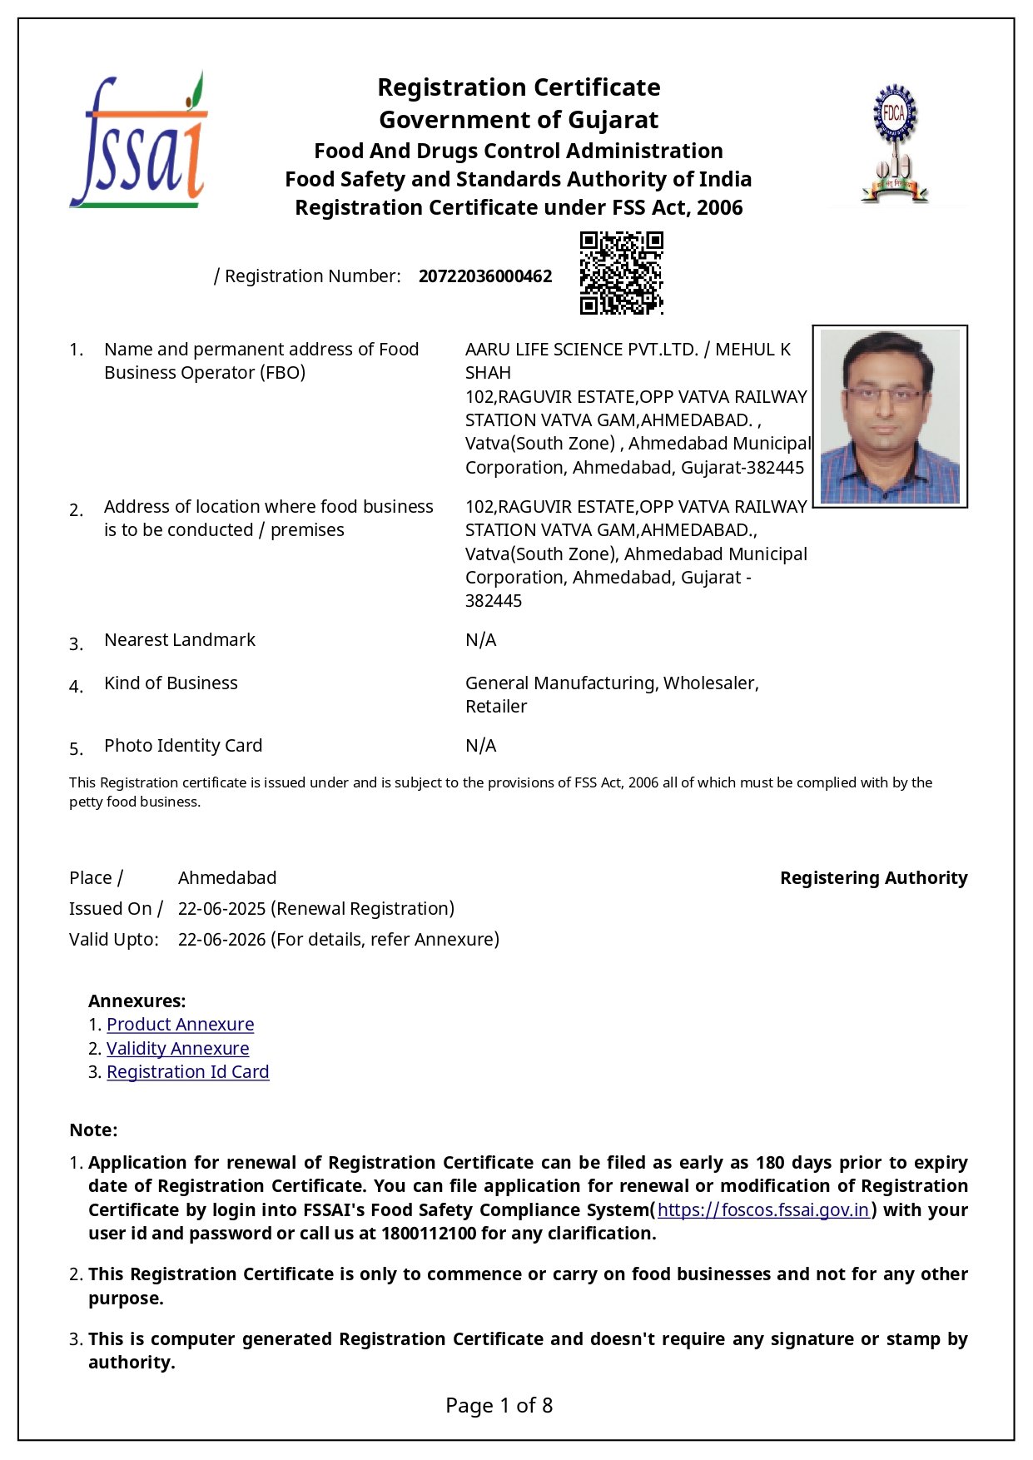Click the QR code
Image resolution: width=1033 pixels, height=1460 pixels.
[x=621, y=273]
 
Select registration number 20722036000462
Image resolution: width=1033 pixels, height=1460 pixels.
[x=484, y=276]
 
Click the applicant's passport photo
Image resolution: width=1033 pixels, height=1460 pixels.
[x=889, y=416]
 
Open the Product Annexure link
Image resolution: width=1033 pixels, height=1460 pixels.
[x=180, y=1025]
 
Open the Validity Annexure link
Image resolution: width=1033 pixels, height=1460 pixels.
[x=177, y=1049]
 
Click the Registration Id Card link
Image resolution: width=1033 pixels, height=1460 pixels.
[x=187, y=1072]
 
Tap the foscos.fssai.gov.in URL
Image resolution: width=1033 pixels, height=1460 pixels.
[x=763, y=1210]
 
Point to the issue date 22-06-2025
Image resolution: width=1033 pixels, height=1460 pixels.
[x=221, y=909]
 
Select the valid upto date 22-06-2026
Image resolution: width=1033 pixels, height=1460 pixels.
[x=221, y=940]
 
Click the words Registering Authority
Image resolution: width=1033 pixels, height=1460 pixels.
[x=873, y=878]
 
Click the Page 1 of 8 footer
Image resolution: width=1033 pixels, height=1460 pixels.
[x=499, y=1406]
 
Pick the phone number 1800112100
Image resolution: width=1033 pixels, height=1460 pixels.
[x=429, y=1234]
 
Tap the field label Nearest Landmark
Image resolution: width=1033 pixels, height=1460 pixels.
[x=180, y=640]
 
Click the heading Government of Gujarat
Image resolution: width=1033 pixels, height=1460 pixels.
[x=519, y=120]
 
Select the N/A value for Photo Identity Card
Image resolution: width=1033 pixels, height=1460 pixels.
[x=480, y=746]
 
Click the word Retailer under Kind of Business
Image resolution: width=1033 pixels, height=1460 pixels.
[x=496, y=707]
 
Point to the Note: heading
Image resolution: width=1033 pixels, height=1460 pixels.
[x=93, y=1130]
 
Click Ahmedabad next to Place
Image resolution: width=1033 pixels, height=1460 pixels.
[x=227, y=878]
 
